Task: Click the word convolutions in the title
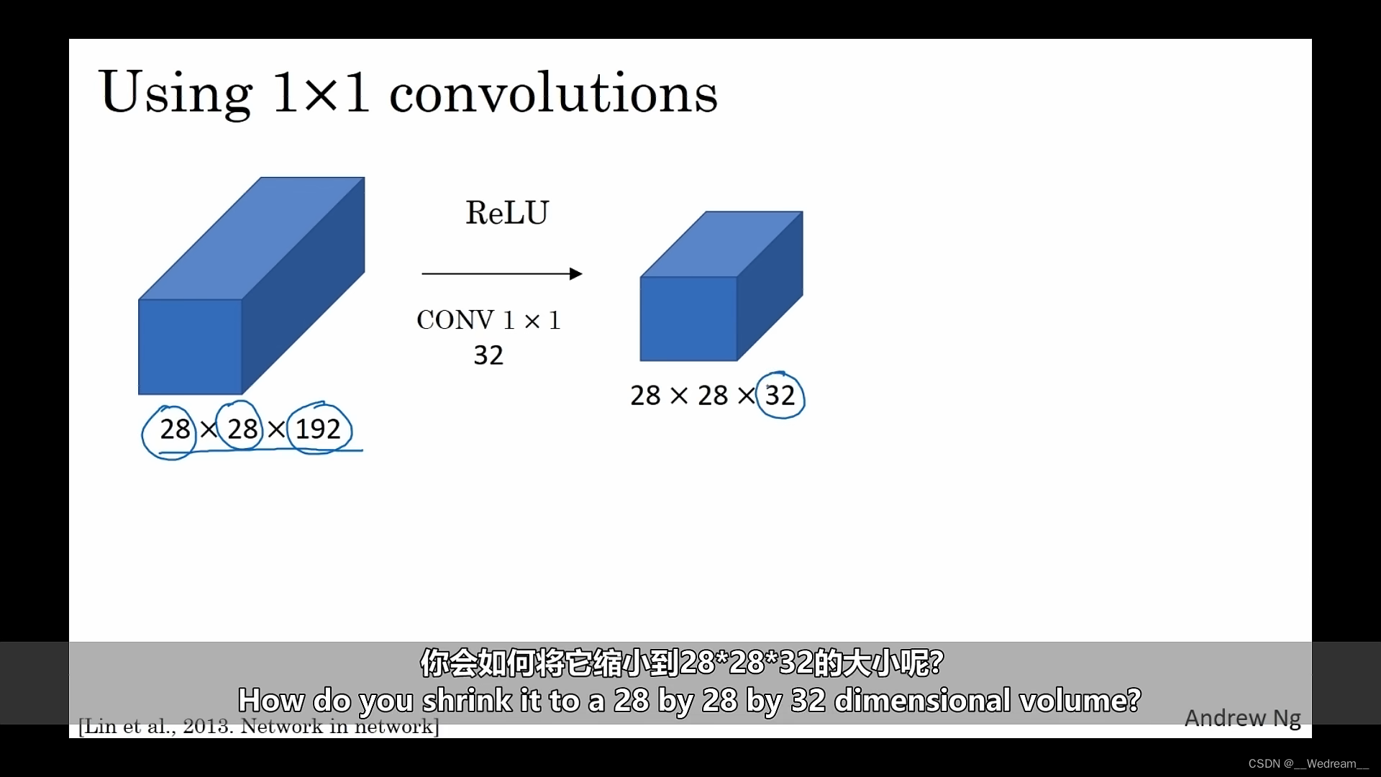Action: (x=553, y=93)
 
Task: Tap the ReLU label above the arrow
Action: (x=507, y=213)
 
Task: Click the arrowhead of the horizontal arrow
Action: (x=575, y=273)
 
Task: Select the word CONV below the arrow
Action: (x=455, y=320)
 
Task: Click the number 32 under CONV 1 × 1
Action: (x=488, y=355)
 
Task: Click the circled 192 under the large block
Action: (x=318, y=430)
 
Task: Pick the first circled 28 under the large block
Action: (x=174, y=430)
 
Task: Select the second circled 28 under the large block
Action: (x=242, y=430)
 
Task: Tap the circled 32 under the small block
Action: (x=780, y=396)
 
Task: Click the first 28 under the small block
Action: (x=645, y=396)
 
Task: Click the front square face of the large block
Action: (x=190, y=347)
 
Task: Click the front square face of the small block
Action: (x=688, y=319)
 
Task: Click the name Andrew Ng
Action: (x=1242, y=718)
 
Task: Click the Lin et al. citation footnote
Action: (x=258, y=727)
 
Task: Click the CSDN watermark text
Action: (x=1308, y=764)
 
